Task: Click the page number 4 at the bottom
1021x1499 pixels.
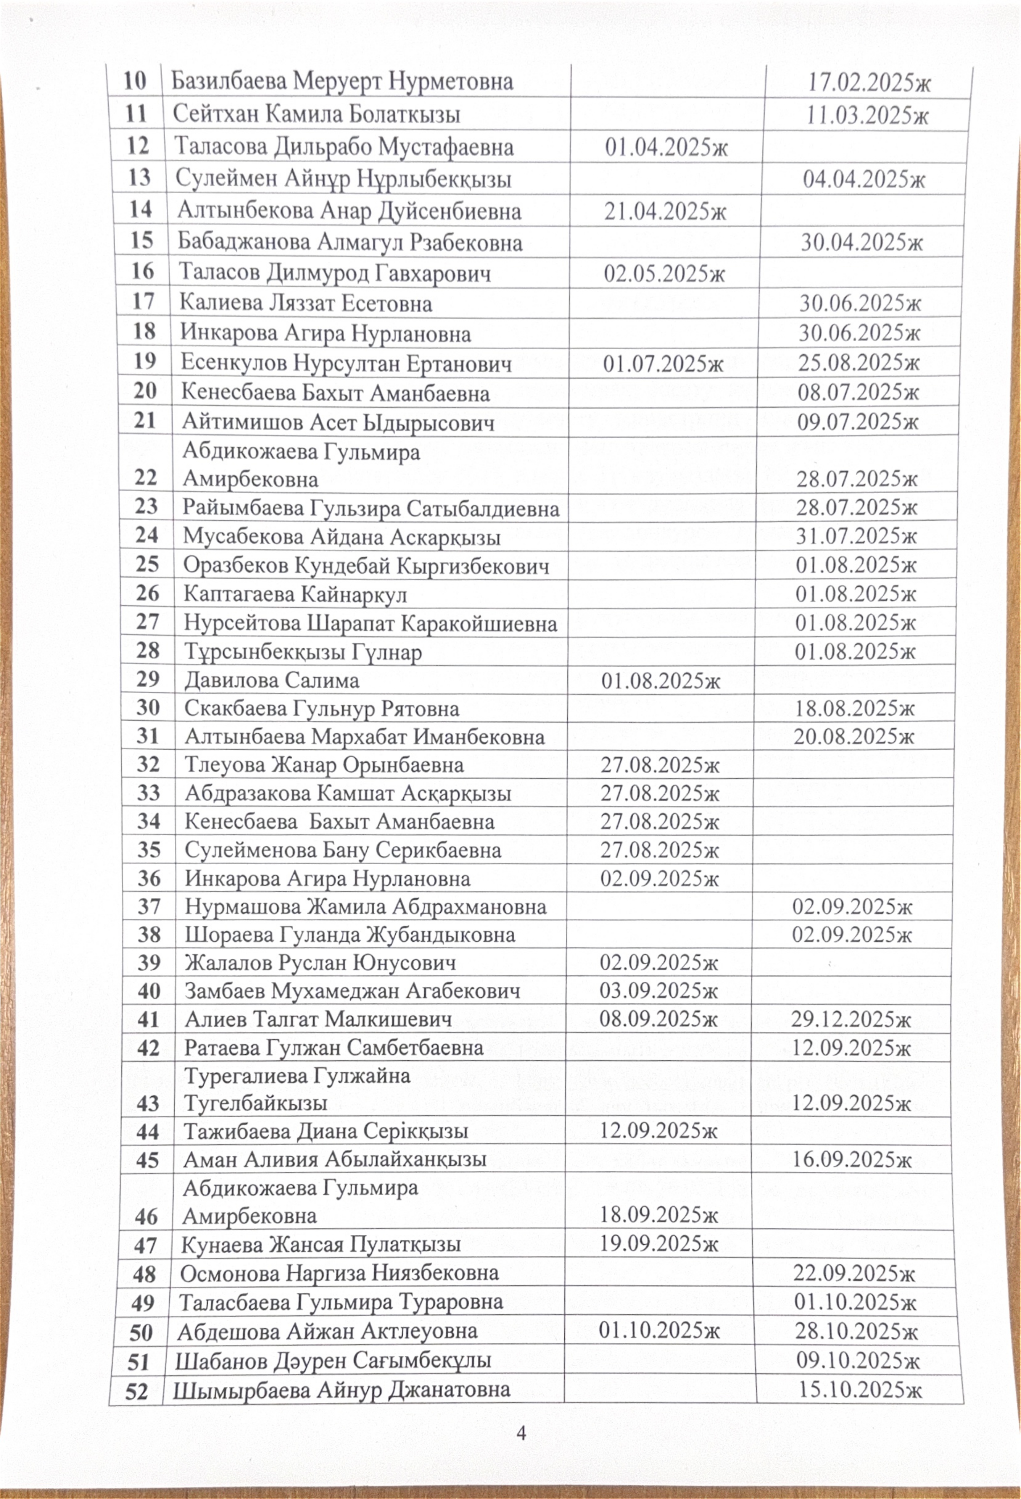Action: (x=521, y=1433)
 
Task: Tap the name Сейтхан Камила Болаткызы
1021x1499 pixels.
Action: (x=317, y=114)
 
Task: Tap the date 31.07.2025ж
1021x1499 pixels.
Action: (x=855, y=535)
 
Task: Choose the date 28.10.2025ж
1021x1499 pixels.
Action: (x=855, y=1331)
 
